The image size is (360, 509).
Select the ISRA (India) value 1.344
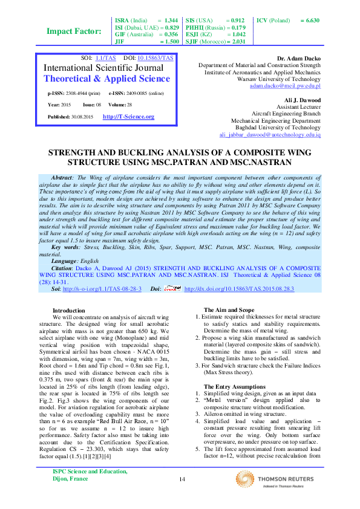171,21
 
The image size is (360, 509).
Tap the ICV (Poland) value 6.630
312,21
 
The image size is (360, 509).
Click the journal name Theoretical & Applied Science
107,79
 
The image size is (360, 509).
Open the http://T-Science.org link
128,116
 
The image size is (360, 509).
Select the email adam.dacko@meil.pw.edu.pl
285,86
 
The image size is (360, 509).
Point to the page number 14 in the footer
182,480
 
